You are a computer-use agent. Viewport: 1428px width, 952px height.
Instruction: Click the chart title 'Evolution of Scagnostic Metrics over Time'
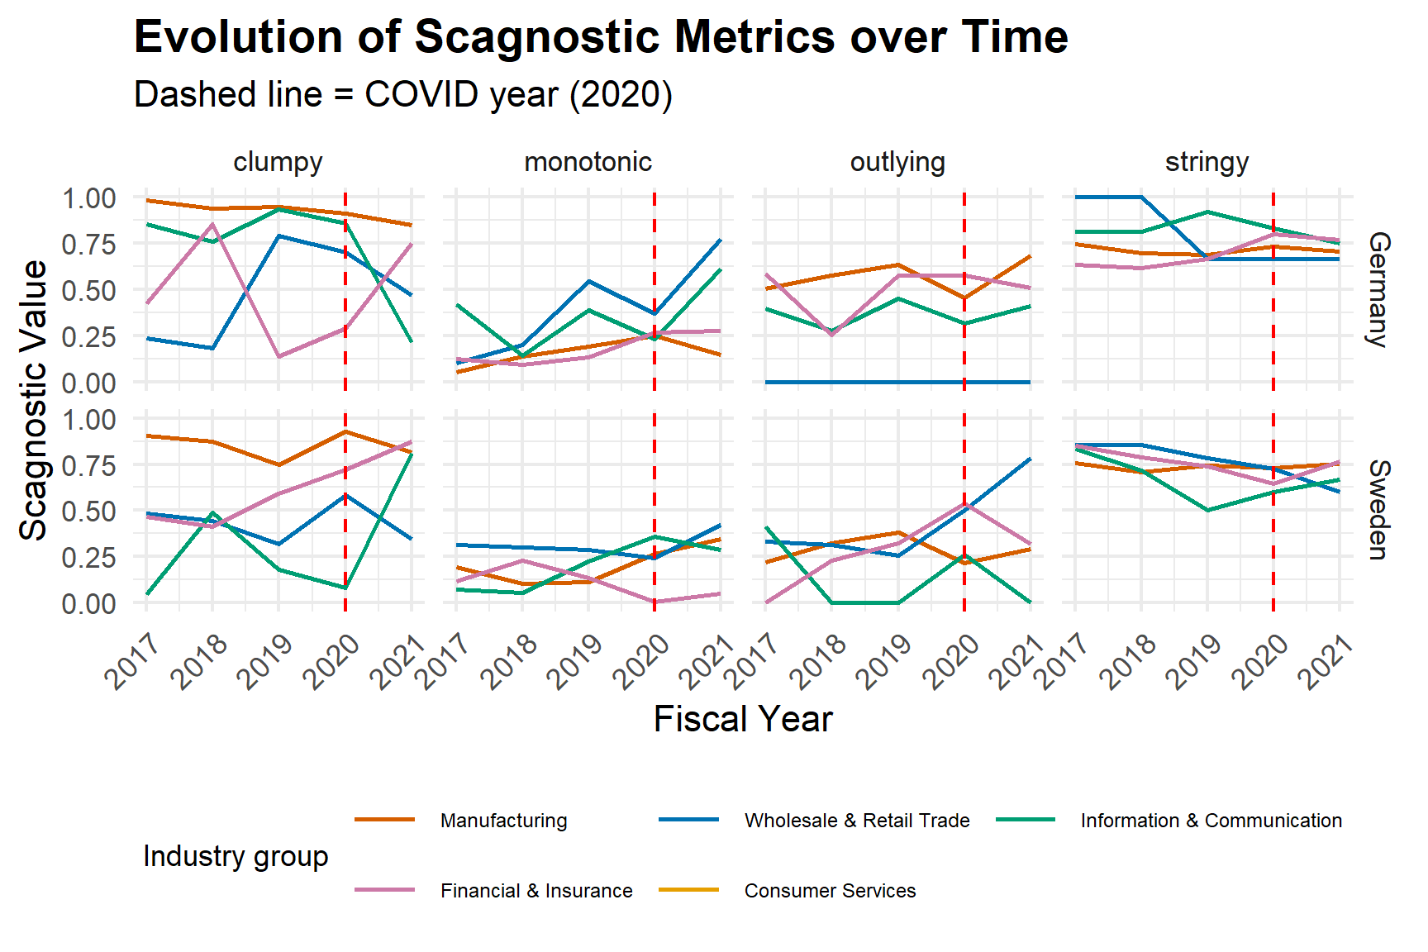tap(601, 37)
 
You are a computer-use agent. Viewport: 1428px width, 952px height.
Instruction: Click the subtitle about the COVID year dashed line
tap(403, 94)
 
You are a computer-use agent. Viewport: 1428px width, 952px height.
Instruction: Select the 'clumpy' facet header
tap(278, 162)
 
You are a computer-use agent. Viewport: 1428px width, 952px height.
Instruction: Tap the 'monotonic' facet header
tap(588, 162)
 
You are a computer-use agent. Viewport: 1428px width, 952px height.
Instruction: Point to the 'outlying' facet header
tap(897, 162)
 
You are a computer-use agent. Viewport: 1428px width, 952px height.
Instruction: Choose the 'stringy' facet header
tap(1207, 162)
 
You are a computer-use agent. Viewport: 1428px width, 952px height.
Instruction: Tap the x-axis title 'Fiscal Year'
tap(743, 719)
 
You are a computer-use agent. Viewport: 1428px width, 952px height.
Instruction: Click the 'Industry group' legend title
tap(236, 856)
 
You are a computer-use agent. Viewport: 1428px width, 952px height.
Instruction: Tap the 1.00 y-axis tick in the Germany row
tap(89, 198)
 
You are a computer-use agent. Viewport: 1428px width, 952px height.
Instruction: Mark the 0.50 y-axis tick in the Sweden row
tap(89, 511)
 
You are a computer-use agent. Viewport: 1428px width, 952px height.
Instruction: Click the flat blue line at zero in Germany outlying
tap(897, 382)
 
